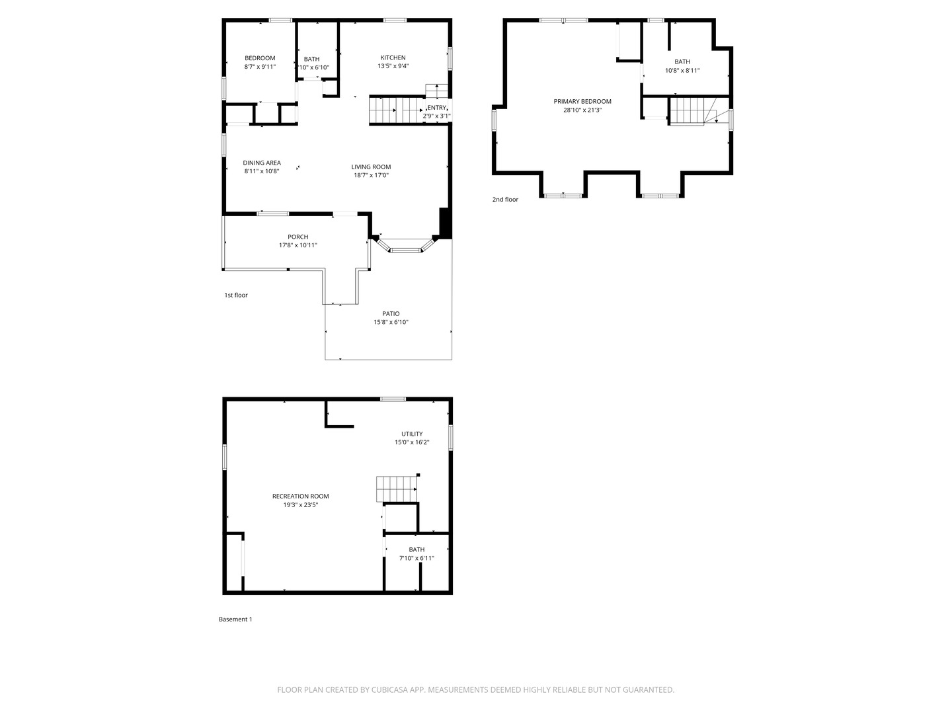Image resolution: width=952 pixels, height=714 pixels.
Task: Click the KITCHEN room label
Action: [393, 58]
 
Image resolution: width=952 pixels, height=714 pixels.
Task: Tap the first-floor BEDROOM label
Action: [260, 58]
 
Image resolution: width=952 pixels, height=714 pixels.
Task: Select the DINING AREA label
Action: [262, 163]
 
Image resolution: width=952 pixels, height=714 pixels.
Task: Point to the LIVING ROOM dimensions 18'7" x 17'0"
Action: [371, 175]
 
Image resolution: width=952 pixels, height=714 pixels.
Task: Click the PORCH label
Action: [297, 237]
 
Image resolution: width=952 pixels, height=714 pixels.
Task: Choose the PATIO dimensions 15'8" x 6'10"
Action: [391, 323]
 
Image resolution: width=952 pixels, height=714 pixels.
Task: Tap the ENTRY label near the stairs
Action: [437, 108]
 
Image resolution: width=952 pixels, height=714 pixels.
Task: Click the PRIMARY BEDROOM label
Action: [582, 101]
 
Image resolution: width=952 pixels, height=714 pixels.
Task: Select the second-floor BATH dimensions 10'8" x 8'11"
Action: [682, 70]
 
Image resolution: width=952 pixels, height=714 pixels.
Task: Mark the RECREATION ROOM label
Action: [300, 496]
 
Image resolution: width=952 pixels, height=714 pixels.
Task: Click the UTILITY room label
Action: [412, 434]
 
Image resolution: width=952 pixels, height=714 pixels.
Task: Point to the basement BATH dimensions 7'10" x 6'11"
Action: [416, 558]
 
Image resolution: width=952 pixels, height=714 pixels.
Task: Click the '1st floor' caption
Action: [236, 295]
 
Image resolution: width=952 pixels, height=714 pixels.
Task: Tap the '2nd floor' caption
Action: [505, 199]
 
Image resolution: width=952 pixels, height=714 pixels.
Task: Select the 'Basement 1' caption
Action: [235, 619]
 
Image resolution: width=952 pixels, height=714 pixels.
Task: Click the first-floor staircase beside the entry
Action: [395, 110]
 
